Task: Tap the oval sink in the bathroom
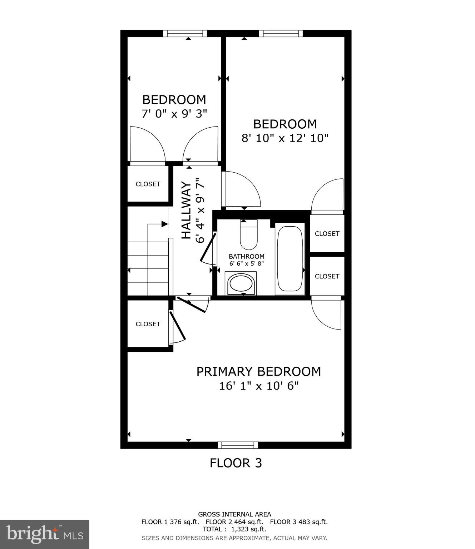[x=241, y=284]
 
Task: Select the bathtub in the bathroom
[x=290, y=258]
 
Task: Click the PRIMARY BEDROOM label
[x=258, y=372]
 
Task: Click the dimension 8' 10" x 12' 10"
[x=285, y=138]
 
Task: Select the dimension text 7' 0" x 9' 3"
[x=174, y=114]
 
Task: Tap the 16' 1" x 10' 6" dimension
[x=258, y=386]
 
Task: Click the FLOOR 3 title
[x=236, y=463]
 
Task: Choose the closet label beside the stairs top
[x=148, y=184]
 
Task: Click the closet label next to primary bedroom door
[x=148, y=324]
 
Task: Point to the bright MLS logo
[x=44, y=534]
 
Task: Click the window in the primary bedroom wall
[x=238, y=445]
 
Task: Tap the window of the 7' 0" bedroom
[x=185, y=34]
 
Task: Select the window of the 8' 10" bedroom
[x=281, y=34]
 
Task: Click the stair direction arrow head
[x=165, y=224]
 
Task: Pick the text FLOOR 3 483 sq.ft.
[x=298, y=522]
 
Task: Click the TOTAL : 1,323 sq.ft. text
[x=234, y=529]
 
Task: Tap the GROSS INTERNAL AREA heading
[x=234, y=514]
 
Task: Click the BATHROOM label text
[x=246, y=256]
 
